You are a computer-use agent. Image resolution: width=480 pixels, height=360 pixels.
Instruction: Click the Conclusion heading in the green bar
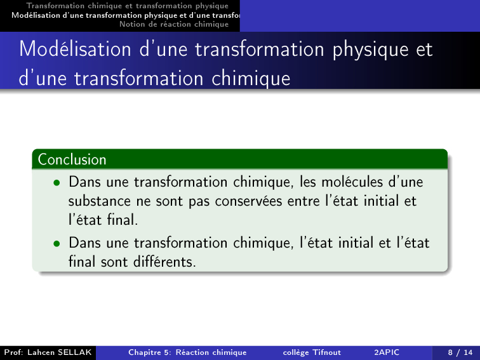[72, 159]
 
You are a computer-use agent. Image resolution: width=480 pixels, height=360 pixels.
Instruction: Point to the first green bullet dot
[57, 183]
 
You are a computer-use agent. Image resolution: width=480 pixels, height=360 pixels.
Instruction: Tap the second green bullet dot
[57, 244]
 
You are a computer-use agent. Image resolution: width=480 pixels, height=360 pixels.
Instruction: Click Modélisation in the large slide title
[76, 49]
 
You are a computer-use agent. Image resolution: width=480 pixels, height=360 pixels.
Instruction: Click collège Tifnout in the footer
[312, 352]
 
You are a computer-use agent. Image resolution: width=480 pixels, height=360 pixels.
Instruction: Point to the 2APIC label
[387, 352]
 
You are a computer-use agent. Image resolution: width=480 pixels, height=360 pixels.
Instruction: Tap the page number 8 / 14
[460, 352]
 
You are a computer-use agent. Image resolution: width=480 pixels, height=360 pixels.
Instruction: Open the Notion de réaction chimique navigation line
[174, 24]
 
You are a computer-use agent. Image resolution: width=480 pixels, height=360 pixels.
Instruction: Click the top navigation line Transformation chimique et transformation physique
[128, 6]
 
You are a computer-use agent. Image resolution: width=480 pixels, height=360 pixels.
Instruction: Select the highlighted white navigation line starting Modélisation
[126, 15]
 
